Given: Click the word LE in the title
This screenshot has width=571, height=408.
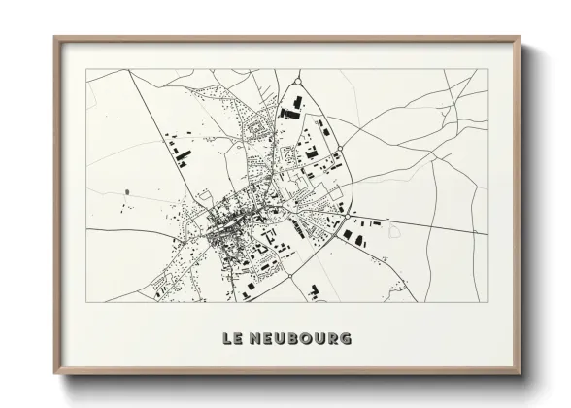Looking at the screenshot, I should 233,339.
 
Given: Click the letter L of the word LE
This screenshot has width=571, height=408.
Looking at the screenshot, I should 227,339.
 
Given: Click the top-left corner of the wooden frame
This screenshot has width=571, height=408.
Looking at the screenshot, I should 55,37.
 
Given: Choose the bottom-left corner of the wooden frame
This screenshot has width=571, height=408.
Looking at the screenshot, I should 55,374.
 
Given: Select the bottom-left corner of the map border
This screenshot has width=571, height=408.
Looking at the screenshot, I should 87,301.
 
